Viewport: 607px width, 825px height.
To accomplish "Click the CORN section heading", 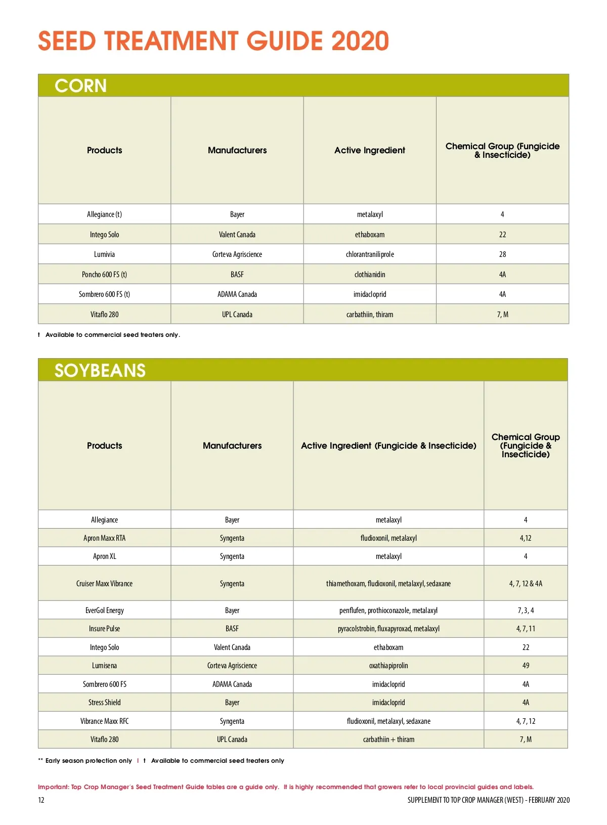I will click(80, 86).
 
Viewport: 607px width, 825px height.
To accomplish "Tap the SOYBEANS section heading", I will click(100, 371).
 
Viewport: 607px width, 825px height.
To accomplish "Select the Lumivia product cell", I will click(104, 254).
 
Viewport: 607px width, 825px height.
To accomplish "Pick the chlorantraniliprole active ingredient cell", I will click(370, 254).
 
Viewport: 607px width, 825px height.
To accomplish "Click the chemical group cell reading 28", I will click(502, 254).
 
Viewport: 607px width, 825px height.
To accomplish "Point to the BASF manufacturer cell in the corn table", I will click(237, 274).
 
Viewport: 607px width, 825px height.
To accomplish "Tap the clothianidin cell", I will click(370, 274).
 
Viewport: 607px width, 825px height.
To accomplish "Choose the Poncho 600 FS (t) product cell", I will click(104, 274).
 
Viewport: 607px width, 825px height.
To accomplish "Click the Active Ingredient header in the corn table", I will click(370, 150).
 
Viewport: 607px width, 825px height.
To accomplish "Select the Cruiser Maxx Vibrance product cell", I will click(104, 583).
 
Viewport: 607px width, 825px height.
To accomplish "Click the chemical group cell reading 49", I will click(526, 666).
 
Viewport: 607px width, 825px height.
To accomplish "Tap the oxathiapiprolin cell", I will click(388, 666).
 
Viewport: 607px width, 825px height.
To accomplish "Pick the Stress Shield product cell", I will click(104, 702).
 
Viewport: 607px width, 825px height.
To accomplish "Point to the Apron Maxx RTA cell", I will click(104, 538).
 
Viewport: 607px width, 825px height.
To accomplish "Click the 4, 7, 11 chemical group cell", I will click(526, 629).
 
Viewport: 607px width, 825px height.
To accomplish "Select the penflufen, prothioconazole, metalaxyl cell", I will click(388, 611).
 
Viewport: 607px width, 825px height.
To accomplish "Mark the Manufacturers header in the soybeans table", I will click(232, 446).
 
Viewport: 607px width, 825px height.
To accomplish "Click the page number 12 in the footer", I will click(41, 800).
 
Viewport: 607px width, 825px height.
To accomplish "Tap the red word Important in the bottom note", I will click(53, 787).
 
